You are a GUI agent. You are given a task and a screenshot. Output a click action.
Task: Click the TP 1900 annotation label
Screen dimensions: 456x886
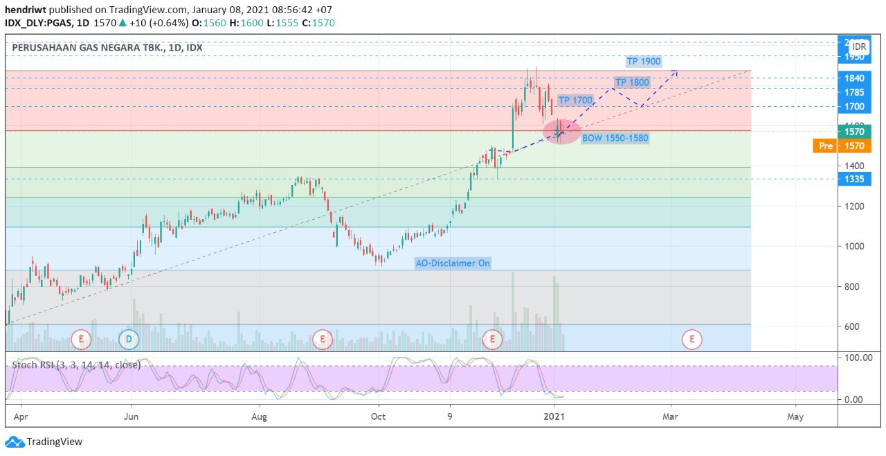click(643, 62)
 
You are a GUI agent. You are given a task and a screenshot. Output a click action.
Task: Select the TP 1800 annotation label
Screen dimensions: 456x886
click(632, 82)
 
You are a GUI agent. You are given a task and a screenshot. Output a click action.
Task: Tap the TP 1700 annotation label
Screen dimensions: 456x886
click(575, 100)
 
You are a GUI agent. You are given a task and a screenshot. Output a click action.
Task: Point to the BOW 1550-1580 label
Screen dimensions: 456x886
click(615, 138)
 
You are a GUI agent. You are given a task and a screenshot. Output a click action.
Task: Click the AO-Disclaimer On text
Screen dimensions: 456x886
click(453, 263)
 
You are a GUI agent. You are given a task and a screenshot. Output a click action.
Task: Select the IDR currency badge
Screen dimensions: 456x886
click(859, 46)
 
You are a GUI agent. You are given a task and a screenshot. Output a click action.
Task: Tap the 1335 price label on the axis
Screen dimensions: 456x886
click(853, 179)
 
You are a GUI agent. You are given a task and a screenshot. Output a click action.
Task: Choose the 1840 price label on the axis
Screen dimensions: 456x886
click(853, 78)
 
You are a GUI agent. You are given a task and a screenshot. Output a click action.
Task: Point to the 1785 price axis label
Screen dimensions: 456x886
click(853, 92)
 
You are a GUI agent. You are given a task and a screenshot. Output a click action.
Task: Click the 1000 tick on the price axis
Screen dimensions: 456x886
click(853, 247)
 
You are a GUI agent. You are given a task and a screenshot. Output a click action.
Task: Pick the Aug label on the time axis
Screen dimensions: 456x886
click(259, 416)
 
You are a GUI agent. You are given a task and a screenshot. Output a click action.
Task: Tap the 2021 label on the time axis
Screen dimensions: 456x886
click(554, 416)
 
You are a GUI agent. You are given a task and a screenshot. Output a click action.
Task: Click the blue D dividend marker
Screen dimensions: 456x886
click(128, 340)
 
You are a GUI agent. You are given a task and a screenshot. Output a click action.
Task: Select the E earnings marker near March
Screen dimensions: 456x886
click(691, 340)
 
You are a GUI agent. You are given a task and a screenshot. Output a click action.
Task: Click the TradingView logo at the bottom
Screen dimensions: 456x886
click(44, 441)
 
